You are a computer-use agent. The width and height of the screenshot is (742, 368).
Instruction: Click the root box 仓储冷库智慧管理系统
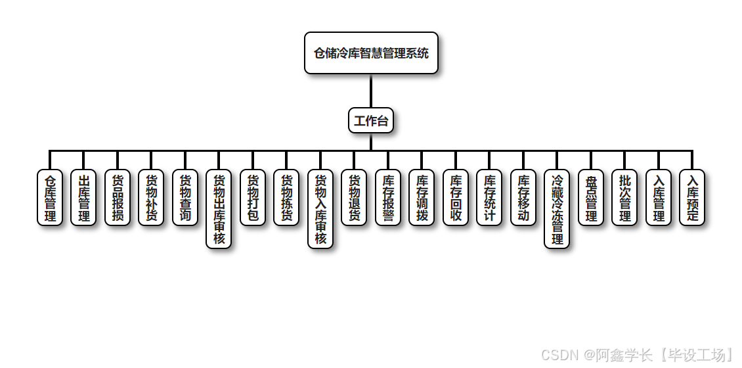371,53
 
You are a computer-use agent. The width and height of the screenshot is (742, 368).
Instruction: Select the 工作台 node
371,120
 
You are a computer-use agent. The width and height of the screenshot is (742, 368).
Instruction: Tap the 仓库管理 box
50,198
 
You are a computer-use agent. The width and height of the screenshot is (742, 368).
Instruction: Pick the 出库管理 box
83,198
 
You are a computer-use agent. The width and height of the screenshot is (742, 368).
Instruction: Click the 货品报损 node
118,198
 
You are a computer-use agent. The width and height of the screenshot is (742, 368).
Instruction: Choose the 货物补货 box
151,198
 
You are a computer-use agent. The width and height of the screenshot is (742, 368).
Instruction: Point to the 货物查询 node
185,198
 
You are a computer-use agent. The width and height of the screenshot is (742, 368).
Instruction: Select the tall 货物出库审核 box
219,209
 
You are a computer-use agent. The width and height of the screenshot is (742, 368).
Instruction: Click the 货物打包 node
253,198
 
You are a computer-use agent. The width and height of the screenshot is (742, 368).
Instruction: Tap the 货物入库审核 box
320,209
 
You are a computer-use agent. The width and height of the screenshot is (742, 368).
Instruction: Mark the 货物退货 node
354,198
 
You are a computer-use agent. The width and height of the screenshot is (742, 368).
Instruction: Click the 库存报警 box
388,198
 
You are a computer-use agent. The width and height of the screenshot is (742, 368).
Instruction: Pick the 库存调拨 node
422,198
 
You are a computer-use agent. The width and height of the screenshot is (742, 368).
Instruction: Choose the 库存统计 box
489,198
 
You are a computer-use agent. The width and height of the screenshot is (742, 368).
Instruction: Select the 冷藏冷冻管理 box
557,209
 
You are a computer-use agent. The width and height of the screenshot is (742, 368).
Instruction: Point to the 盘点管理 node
591,198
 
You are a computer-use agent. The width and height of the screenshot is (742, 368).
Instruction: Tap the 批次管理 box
624,198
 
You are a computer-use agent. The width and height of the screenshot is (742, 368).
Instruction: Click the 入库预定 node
692,198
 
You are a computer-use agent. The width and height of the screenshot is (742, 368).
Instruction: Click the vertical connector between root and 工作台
371,91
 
